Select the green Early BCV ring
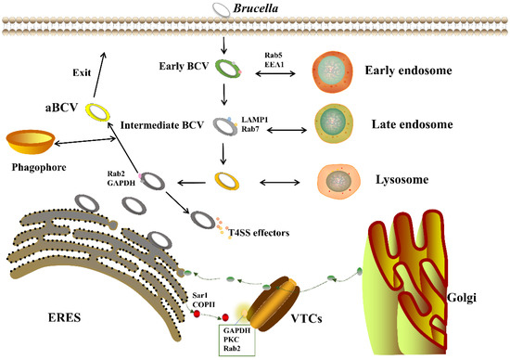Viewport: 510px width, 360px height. point(223,68)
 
